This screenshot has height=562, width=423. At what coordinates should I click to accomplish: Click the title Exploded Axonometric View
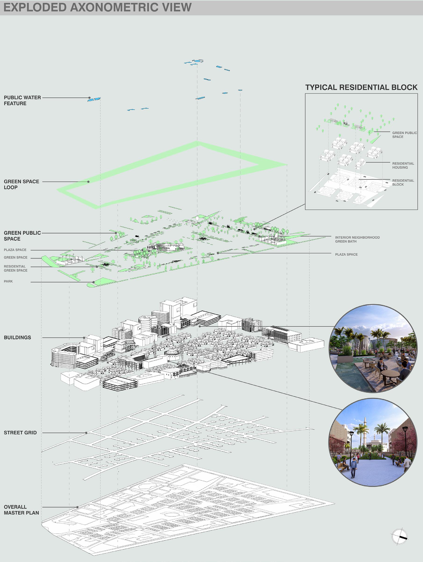coord(97,7)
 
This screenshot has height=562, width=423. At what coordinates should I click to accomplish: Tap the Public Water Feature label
coord(22,100)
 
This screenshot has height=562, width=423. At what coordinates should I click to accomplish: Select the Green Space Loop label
coord(21,184)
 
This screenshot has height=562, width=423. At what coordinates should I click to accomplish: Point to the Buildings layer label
coord(17,337)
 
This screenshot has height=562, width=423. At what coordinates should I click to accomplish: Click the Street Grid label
coord(20,432)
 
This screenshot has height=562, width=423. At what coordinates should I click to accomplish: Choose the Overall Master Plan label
coord(21,510)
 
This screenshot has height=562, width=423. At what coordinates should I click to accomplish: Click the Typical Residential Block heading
coord(361,87)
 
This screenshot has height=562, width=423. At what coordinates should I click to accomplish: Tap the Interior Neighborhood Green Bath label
coord(357,239)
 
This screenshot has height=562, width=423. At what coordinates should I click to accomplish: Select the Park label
coord(8,281)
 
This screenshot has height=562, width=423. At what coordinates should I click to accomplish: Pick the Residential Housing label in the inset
coord(403,166)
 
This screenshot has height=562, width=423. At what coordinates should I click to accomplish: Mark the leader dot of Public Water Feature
coord(89,97)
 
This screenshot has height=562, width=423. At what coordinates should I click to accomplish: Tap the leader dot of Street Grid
coord(86,433)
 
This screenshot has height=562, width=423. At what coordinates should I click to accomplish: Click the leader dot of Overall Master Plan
coord(77,507)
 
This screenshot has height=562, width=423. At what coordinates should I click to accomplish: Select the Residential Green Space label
coord(15,268)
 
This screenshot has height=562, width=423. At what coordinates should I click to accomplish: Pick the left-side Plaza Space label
coord(15,250)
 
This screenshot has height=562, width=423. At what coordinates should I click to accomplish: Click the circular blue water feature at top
coord(197,61)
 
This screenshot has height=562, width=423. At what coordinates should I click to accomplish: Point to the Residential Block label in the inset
coord(403,182)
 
